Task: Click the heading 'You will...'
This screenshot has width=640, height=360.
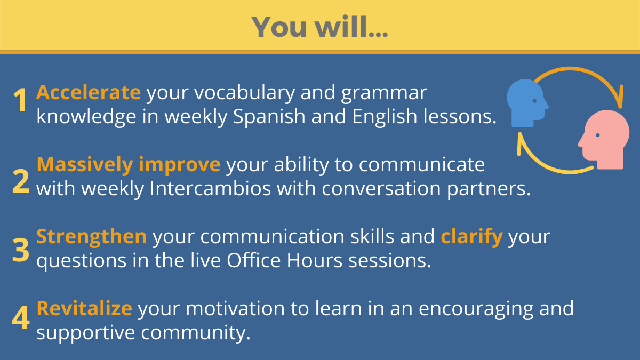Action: (x=319, y=27)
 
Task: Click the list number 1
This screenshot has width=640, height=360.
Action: (x=20, y=100)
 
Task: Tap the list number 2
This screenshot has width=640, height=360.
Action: (x=21, y=181)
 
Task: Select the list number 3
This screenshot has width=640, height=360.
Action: (x=21, y=250)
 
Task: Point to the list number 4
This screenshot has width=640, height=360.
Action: (x=21, y=318)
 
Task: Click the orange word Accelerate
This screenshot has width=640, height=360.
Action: (x=89, y=92)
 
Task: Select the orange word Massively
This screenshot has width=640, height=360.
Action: (x=85, y=165)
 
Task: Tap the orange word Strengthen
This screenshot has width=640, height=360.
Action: (x=91, y=237)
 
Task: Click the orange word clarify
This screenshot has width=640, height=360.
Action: (x=471, y=237)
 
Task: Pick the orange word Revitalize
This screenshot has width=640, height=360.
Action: (x=84, y=309)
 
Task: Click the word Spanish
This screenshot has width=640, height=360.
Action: (x=269, y=117)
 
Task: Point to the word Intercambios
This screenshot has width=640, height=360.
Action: (x=210, y=189)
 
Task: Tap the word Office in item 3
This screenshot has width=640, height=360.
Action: (x=254, y=260)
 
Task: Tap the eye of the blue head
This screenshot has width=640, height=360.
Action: (x=534, y=101)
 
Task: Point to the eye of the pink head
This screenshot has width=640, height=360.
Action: (x=597, y=135)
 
